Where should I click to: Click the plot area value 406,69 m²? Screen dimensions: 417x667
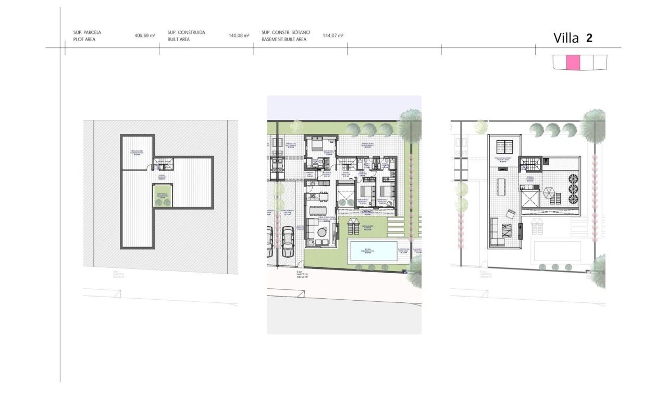tap(145, 36)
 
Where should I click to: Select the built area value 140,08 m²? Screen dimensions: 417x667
tap(239, 36)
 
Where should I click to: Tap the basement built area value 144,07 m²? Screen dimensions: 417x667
tap(332, 36)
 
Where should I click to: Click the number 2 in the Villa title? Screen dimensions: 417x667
tap(589, 38)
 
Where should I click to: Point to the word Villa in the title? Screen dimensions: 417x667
tap(566, 38)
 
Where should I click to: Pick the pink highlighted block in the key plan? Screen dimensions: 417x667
tap(573, 62)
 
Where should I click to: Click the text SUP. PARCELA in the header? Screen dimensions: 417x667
tap(87, 32)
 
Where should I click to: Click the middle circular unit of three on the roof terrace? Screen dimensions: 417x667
tap(572, 188)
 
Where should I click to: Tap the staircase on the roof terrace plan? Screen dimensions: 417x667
tap(532, 164)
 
